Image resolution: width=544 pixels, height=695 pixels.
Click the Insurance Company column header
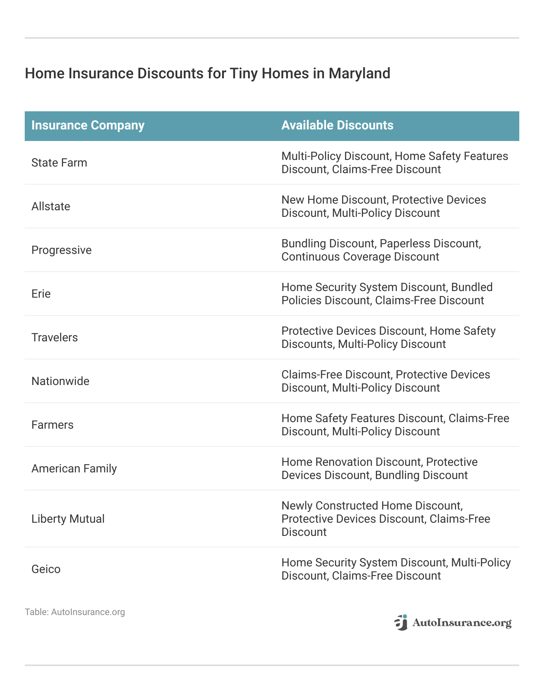(88, 125)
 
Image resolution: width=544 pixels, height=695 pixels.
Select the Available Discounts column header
(337, 125)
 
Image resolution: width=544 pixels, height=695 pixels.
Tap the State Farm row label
(59, 163)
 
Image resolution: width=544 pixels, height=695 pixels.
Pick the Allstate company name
(51, 207)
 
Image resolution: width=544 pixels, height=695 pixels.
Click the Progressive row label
(61, 250)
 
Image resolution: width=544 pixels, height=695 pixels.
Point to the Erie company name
(41, 294)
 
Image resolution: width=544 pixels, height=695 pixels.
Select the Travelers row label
(54, 338)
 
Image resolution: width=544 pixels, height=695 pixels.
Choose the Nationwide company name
(60, 381)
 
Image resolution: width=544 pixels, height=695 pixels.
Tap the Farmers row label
(52, 425)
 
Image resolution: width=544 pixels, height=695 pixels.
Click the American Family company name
(74, 469)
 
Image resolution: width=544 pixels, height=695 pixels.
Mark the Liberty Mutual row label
(68, 519)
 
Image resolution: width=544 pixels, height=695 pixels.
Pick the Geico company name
(46, 569)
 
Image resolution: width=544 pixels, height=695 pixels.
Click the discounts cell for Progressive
(381, 250)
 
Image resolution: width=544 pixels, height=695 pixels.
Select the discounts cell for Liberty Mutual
(386, 519)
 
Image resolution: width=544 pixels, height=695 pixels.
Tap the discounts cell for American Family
(380, 469)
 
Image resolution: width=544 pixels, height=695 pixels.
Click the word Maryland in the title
(359, 73)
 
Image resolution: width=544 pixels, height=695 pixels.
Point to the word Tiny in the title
(242, 73)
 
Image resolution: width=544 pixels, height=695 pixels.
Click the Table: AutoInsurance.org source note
(75, 612)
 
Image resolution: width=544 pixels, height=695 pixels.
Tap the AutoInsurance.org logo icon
(401, 622)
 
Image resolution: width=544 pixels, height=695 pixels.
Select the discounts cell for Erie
(387, 294)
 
